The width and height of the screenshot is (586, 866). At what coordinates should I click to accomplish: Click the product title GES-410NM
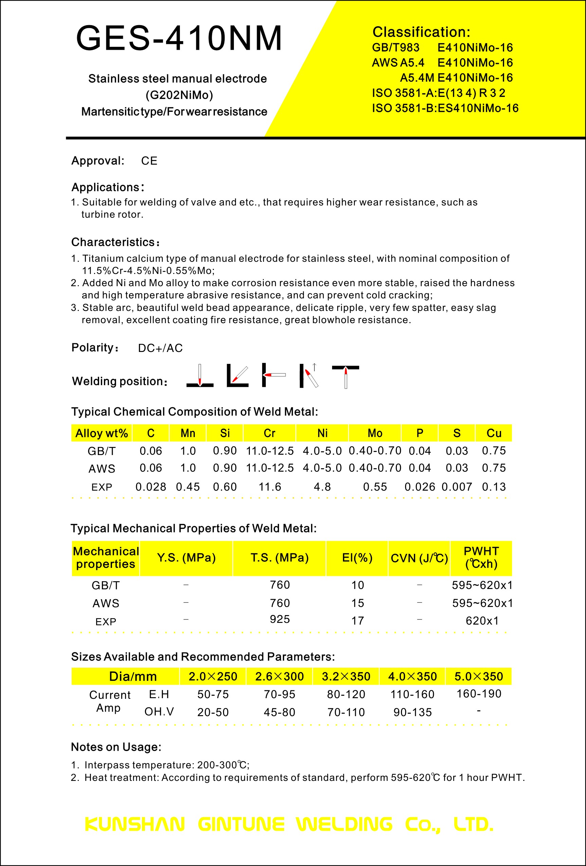coord(179,38)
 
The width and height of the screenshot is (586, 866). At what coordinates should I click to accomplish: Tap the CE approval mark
coord(149,161)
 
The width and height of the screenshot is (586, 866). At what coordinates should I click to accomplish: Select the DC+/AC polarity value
coord(160,348)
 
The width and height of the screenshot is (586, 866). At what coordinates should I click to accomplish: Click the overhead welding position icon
coord(345,377)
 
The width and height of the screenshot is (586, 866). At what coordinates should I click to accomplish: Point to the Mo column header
coord(375,433)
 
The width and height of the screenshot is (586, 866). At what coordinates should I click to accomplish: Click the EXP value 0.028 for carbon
coord(151,487)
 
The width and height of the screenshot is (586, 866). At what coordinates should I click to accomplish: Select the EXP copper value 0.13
coord(494,487)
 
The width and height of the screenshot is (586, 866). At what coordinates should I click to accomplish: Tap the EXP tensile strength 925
coord(280,619)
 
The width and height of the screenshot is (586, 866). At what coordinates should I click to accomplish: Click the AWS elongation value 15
coord(358,603)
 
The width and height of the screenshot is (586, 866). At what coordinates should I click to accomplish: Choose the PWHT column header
coord(481,557)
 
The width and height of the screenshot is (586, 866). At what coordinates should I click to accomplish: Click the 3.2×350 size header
coord(346,676)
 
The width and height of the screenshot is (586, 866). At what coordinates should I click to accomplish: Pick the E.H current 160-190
coord(479,693)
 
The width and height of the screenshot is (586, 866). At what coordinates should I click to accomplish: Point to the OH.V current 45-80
coord(279,712)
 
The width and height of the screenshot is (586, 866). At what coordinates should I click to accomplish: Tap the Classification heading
coord(421,32)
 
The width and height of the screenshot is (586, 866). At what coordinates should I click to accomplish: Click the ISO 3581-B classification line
coord(445,108)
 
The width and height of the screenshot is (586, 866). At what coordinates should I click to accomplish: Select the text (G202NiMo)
coord(179,95)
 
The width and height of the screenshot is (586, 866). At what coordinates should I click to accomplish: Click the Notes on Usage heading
coord(116,747)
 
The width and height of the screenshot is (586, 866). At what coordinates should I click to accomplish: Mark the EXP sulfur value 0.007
coord(457,487)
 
